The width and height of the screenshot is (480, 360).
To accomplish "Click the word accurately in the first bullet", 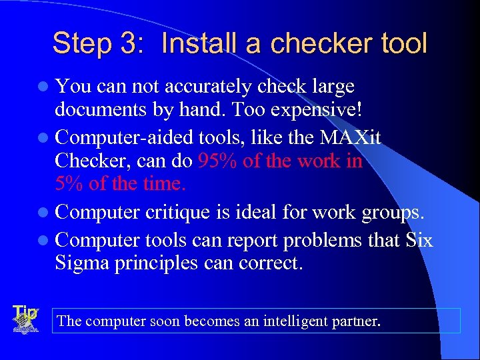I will click(x=208, y=87).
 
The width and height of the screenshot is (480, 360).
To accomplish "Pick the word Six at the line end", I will click(x=419, y=240).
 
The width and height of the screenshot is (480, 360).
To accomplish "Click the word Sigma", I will click(x=84, y=263).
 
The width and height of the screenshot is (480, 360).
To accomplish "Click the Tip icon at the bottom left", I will click(x=25, y=319).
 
